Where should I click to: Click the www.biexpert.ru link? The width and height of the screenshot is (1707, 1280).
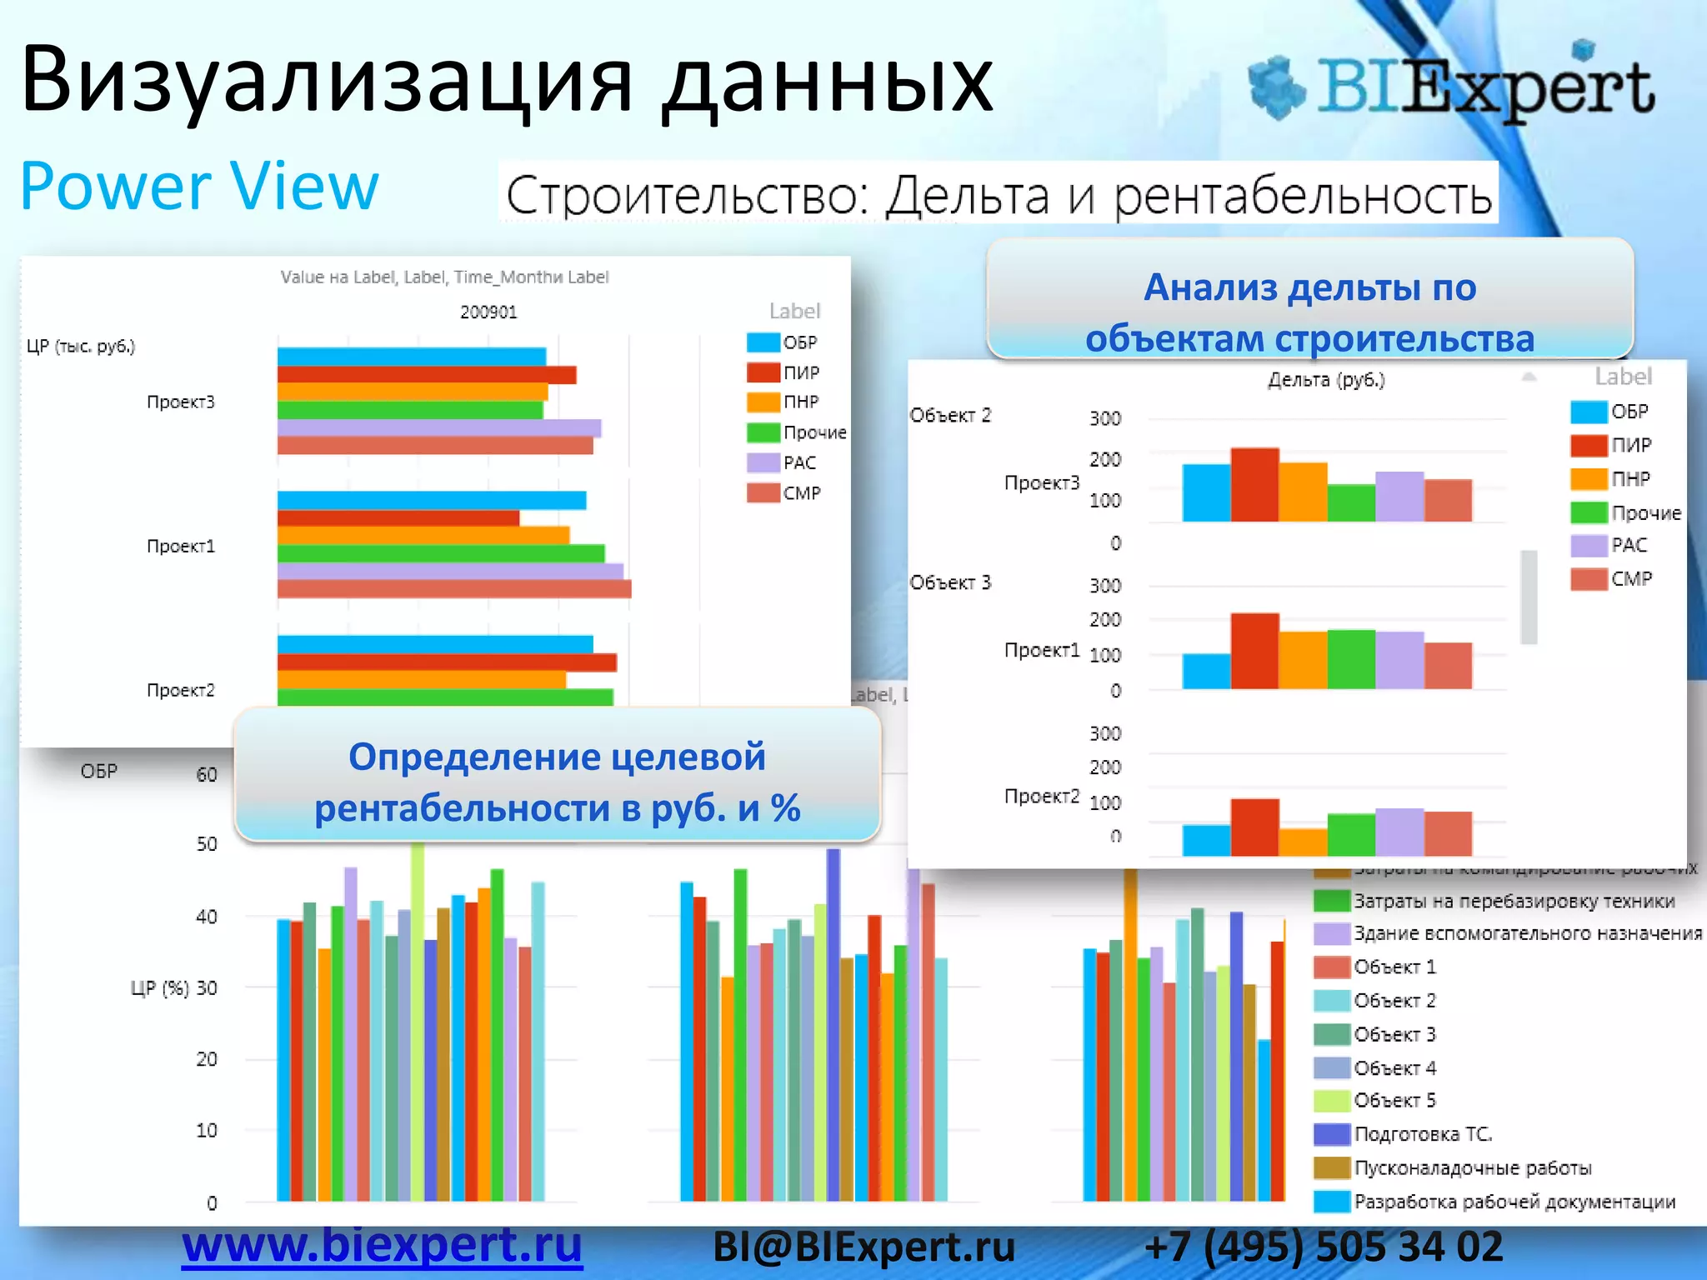click(382, 1245)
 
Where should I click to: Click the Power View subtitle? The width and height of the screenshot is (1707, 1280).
click(199, 187)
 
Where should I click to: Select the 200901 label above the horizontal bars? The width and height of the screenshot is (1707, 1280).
click(488, 312)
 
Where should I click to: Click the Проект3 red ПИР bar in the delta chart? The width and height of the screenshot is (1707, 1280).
click(1254, 485)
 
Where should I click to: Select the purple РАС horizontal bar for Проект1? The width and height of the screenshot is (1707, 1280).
click(450, 571)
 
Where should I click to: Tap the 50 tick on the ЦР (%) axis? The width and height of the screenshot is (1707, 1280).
click(207, 844)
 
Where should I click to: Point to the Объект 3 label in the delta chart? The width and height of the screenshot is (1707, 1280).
click(950, 582)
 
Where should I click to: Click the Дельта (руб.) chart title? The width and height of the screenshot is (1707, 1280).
click(1325, 380)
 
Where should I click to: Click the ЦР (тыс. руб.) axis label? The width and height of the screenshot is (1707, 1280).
click(81, 346)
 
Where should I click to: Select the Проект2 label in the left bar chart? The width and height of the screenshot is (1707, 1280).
click(181, 690)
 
